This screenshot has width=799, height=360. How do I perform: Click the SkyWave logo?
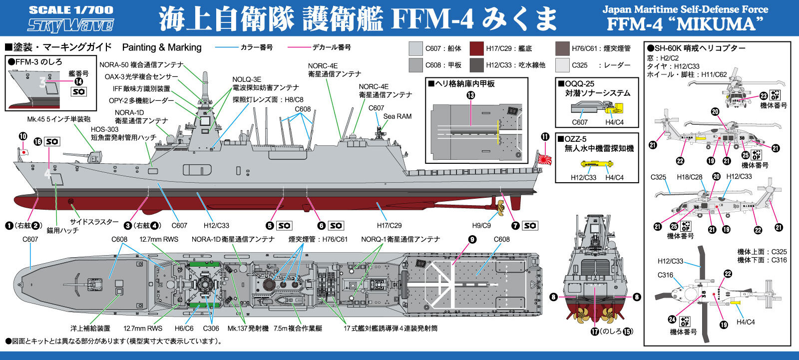70,24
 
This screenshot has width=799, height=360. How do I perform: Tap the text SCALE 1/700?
70,9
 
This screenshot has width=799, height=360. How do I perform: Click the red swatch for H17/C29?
477,48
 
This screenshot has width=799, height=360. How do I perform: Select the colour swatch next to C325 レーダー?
562,65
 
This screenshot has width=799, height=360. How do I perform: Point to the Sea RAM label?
397,116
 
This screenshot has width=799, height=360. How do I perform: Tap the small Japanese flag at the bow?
22,150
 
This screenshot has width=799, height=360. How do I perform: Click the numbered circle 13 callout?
470,95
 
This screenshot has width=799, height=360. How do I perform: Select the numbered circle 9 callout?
472,239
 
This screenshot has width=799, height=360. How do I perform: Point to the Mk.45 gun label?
58,120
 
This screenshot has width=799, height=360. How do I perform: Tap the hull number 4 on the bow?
48,175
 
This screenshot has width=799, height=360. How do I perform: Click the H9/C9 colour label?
481,226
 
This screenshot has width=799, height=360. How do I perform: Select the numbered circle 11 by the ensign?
544,136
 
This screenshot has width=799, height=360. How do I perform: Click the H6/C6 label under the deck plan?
184,329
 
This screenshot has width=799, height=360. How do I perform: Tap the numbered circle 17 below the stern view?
594,331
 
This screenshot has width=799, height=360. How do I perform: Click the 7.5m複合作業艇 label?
298,329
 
